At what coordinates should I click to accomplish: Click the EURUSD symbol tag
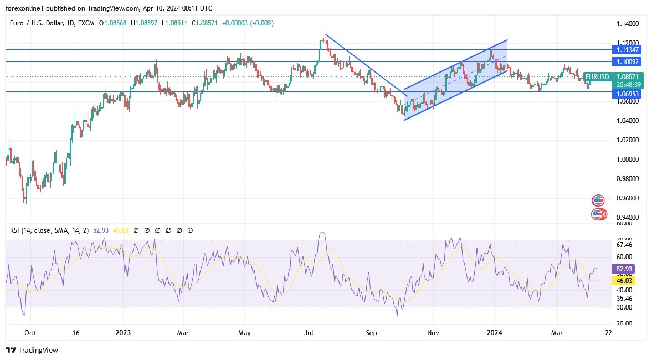[x=597, y=77]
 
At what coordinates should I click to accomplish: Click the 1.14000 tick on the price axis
[x=627, y=24]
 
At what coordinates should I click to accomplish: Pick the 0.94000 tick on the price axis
[x=627, y=218]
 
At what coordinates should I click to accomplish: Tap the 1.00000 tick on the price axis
[x=627, y=160]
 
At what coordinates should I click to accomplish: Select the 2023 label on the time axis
[x=123, y=333]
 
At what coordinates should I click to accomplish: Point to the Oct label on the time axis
[x=30, y=333]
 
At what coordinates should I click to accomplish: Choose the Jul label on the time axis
[x=309, y=333]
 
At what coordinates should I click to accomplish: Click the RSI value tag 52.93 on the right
[x=624, y=269]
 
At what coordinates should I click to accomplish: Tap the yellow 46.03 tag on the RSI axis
[x=624, y=281]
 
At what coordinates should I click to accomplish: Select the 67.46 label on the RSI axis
[x=624, y=244]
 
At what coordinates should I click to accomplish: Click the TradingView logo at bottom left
[x=32, y=350]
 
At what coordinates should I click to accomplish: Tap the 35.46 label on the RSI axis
[x=624, y=298]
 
